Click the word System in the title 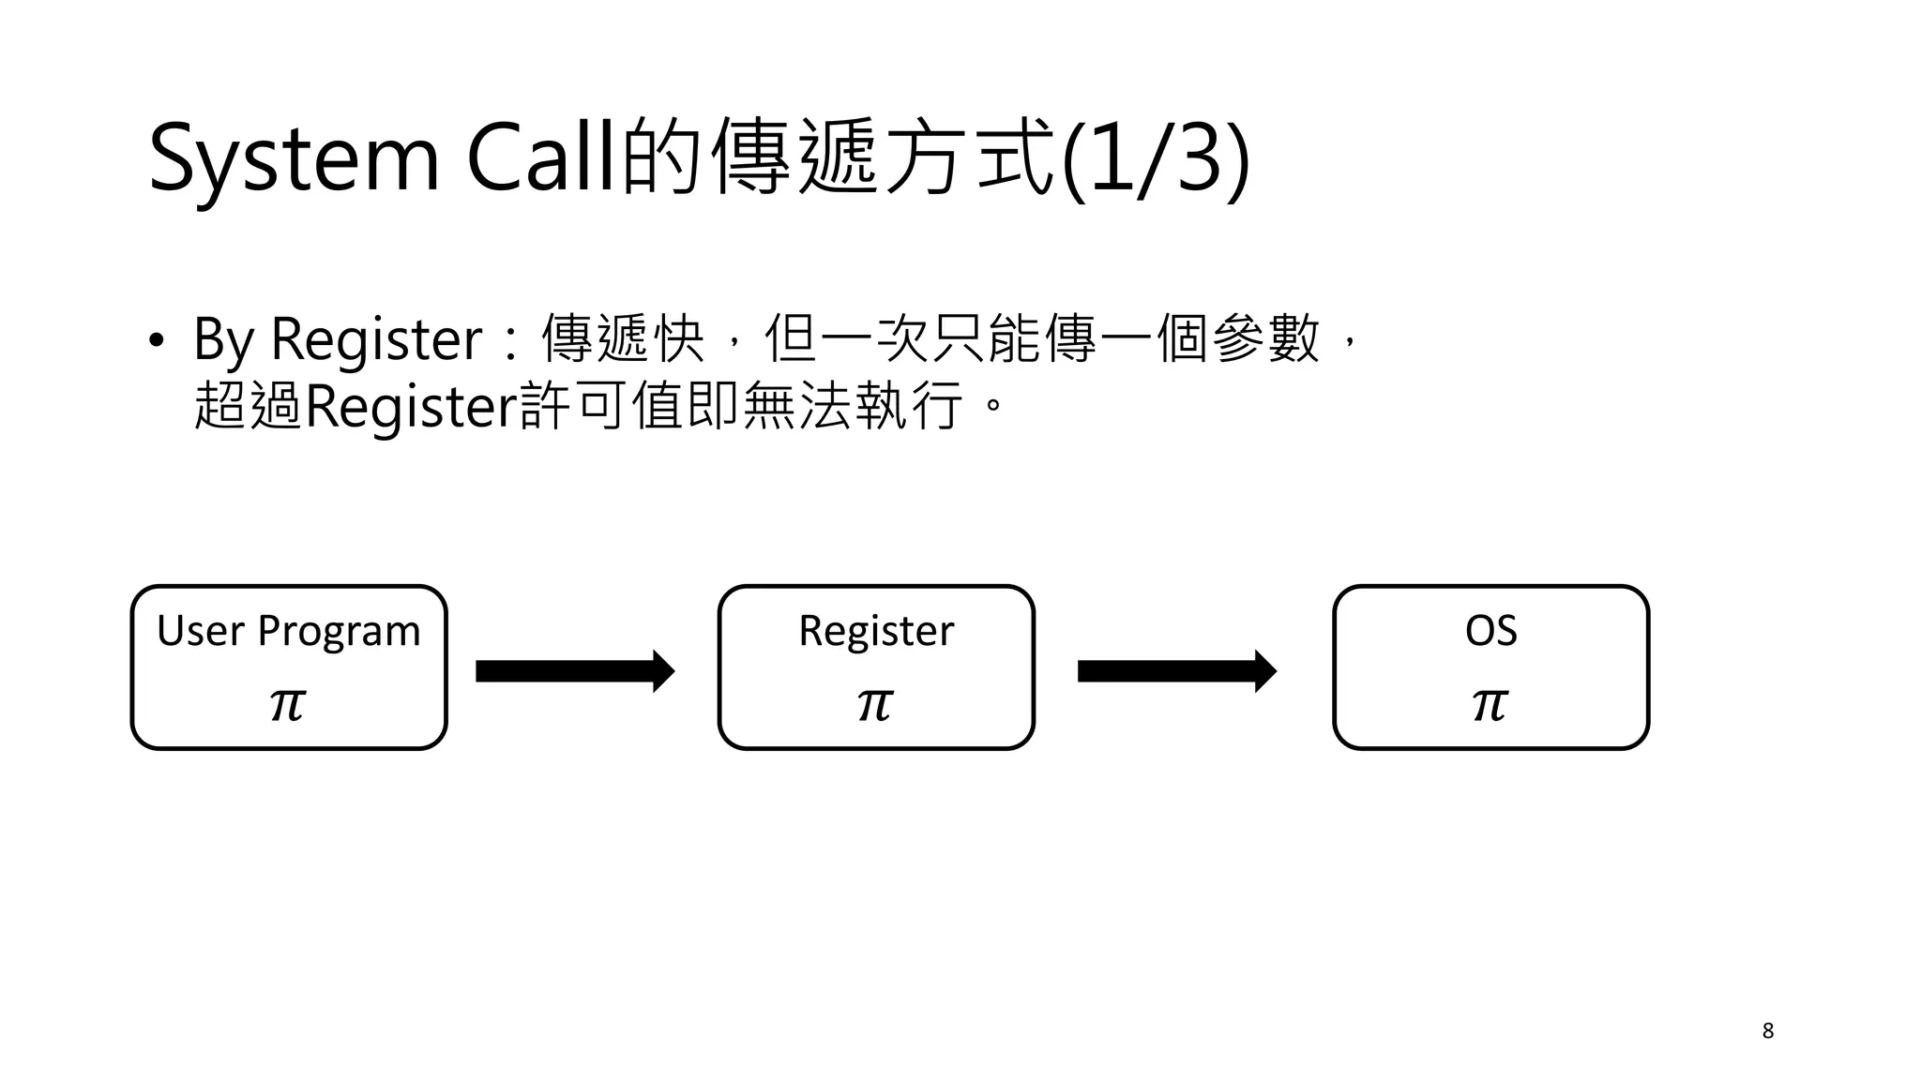(x=294, y=159)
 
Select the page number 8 (x=1767, y=1031)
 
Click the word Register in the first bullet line (x=375, y=339)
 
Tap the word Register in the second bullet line (x=411, y=407)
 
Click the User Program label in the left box (x=289, y=630)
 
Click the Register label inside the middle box (x=876, y=630)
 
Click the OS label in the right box (x=1490, y=630)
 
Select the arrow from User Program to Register (x=575, y=671)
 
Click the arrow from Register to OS (x=1177, y=671)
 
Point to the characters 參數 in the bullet (x=1266, y=339)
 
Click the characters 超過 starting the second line (x=249, y=407)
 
